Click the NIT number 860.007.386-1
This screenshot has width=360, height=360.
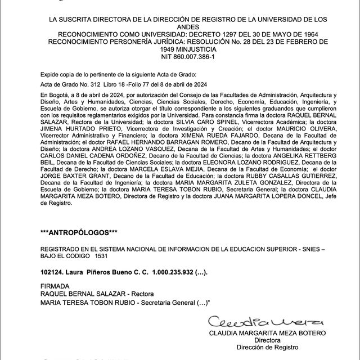(x=180, y=57)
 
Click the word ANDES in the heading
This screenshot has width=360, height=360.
(x=180, y=26)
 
